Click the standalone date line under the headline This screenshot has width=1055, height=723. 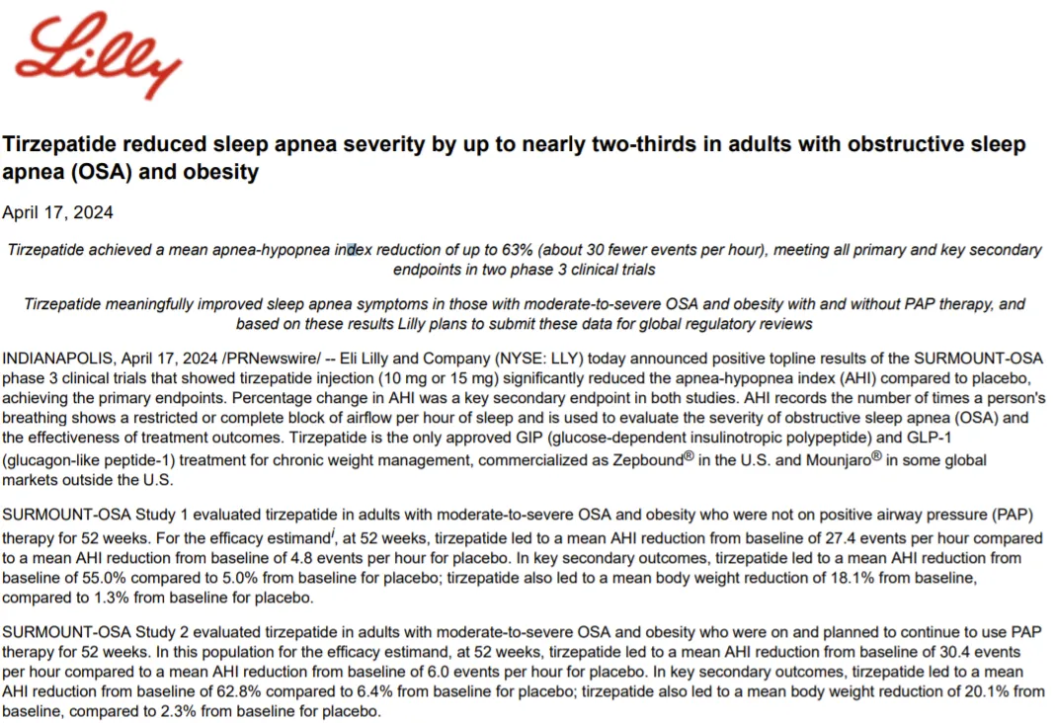[57, 212]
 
